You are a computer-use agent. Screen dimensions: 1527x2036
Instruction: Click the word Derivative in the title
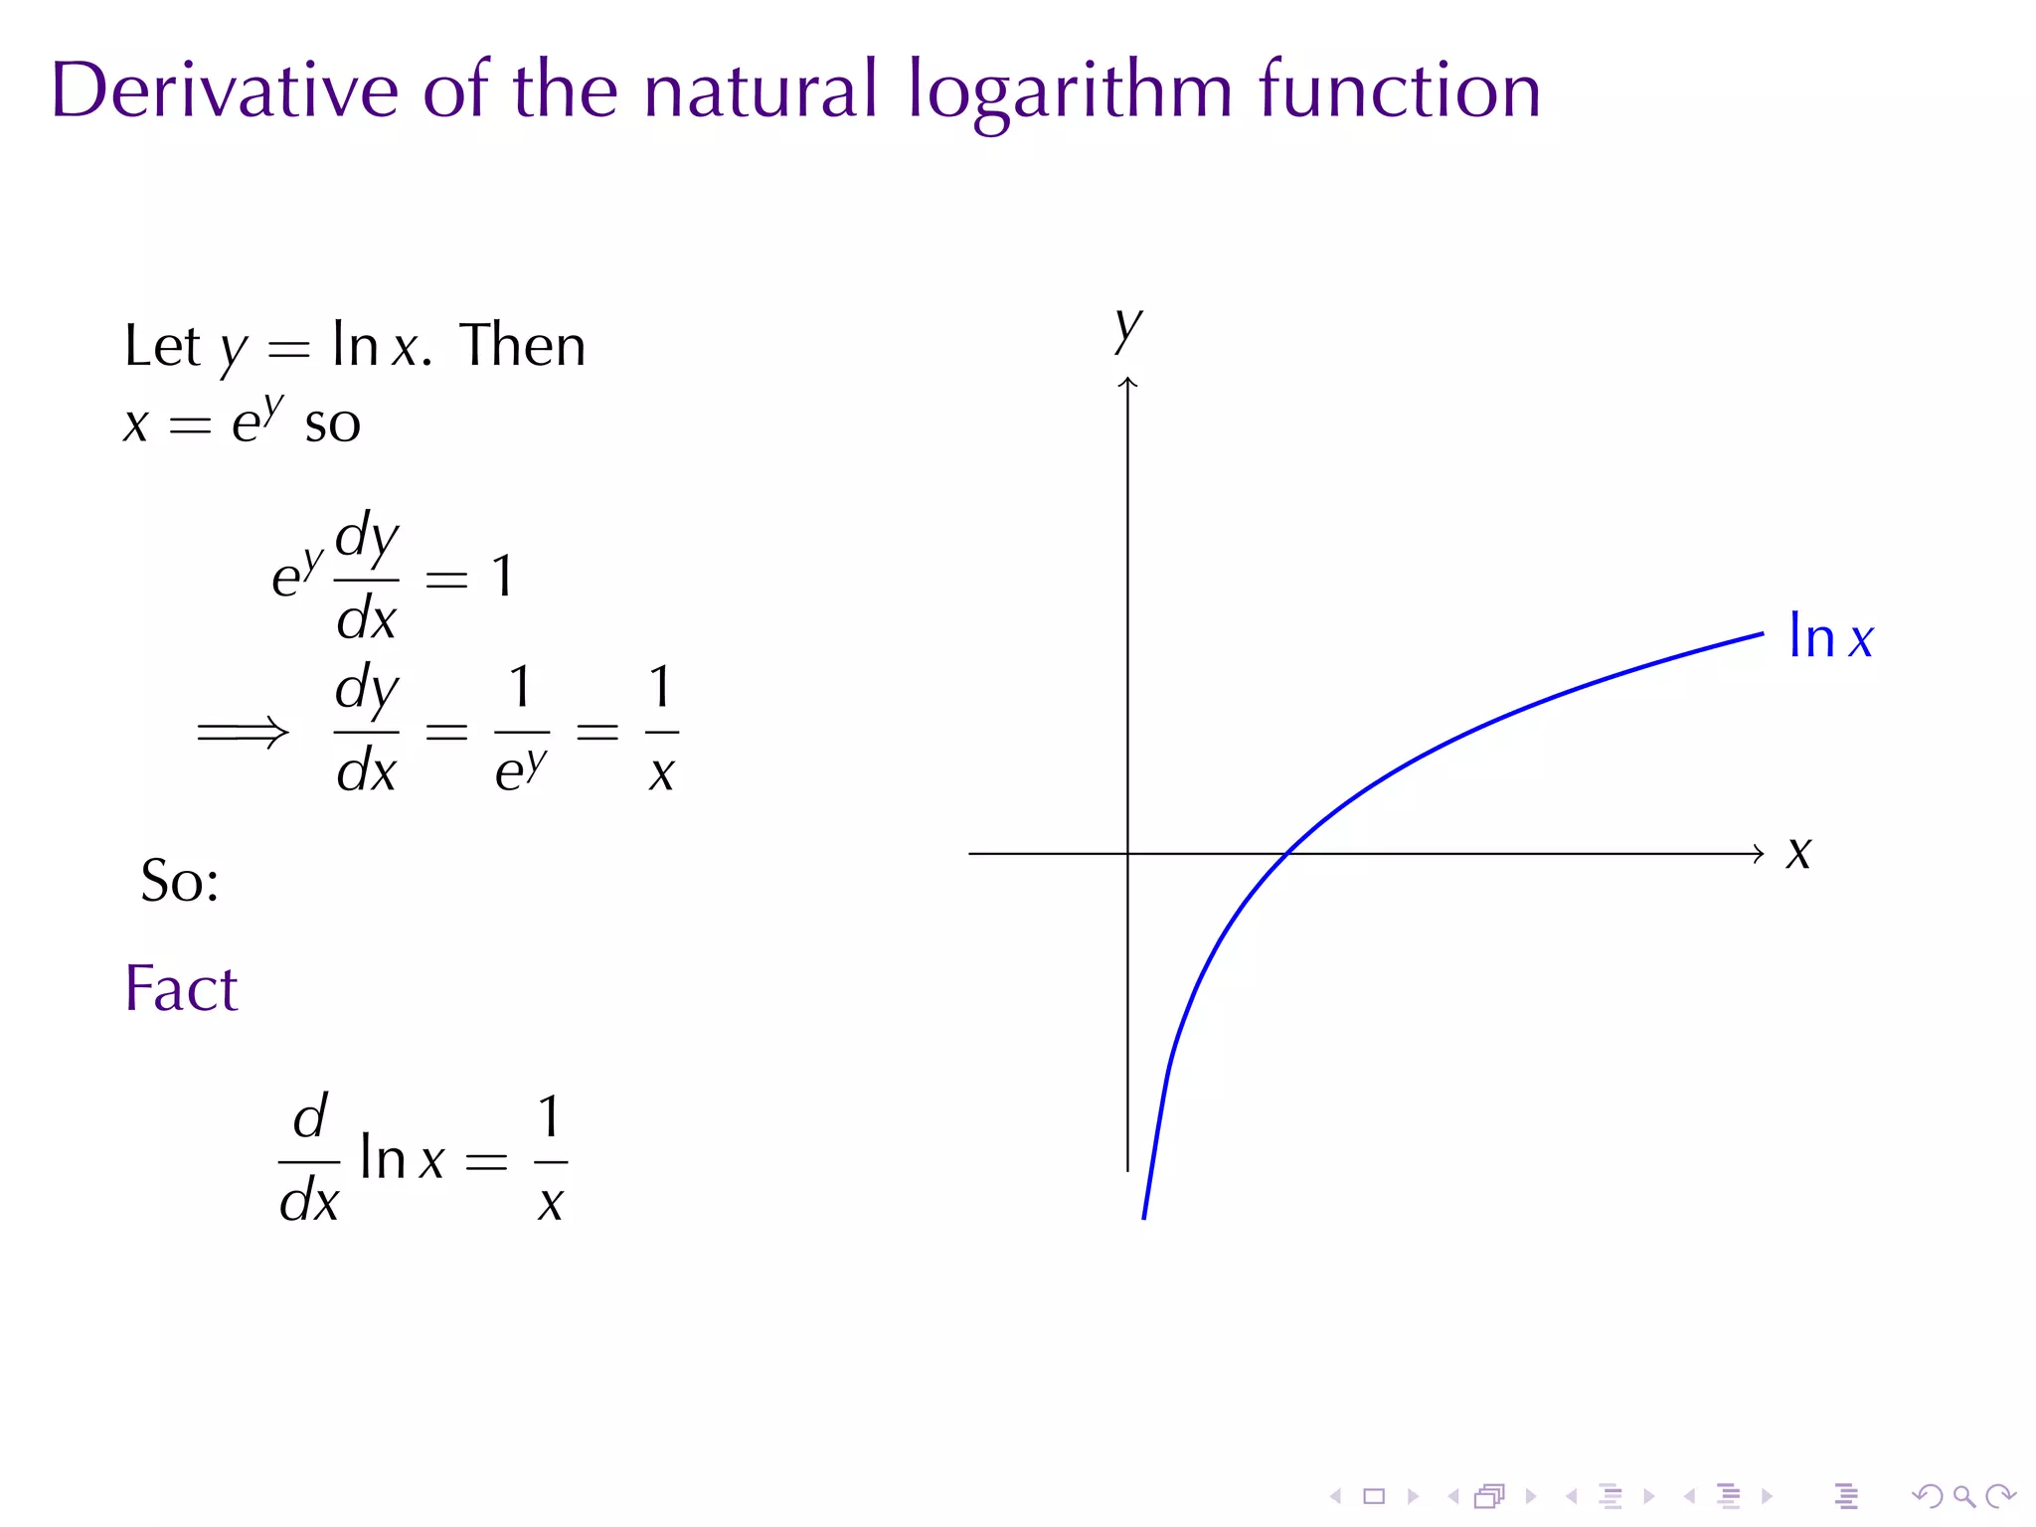(x=225, y=89)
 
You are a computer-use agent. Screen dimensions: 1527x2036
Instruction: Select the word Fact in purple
(x=181, y=988)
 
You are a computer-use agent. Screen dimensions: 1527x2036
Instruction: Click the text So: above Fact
(x=180, y=881)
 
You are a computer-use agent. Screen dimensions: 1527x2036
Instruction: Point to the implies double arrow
(x=243, y=734)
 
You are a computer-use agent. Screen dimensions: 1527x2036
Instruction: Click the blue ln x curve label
(x=1830, y=637)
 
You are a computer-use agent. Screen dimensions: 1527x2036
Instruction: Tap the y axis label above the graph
(x=1128, y=327)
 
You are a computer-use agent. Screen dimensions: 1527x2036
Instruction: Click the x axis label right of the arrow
(x=1798, y=853)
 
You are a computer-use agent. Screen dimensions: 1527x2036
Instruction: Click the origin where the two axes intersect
(x=1127, y=853)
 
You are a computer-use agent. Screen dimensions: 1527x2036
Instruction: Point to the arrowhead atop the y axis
(x=1127, y=382)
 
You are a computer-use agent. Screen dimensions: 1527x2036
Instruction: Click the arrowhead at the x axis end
(x=1759, y=853)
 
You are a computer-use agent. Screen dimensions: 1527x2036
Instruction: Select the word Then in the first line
(x=523, y=346)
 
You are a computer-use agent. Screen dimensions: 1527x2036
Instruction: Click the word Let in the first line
(x=162, y=346)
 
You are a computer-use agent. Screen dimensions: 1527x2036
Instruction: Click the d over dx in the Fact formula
(x=309, y=1160)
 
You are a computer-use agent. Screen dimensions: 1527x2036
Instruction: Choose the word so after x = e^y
(x=333, y=424)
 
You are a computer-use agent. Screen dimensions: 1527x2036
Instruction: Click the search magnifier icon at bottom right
(x=1963, y=1496)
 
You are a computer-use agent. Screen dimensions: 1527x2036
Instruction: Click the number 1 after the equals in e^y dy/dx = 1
(x=503, y=577)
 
